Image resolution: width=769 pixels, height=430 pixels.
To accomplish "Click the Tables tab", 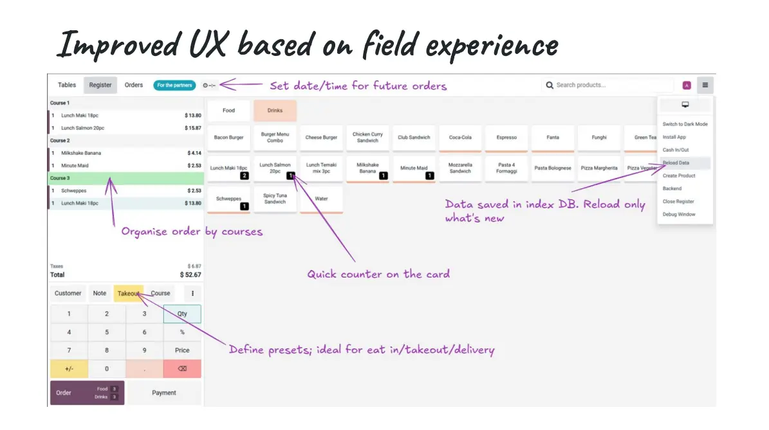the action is [x=67, y=85].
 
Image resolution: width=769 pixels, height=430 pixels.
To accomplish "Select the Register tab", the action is [x=100, y=85].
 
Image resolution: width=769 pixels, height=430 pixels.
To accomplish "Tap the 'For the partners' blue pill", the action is [x=174, y=85].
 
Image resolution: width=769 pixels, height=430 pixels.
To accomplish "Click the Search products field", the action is [x=608, y=85].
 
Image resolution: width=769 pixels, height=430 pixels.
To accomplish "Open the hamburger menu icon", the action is [x=705, y=85].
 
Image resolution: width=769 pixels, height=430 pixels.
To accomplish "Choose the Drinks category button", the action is [x=275, y=111].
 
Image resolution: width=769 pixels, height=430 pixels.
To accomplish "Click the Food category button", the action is [x=228, y=111].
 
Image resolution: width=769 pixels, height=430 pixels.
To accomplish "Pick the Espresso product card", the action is [x=506, y=138].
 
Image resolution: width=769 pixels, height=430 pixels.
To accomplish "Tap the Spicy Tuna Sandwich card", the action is [x=275, y=199].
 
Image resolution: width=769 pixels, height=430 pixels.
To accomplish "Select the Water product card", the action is [x=321, y=199].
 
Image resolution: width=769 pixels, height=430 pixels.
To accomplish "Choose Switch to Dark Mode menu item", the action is [x=685, y=125].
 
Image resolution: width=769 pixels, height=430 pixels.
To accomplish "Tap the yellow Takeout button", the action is [x=128, y=293].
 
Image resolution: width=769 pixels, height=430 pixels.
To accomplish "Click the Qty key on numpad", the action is [x=182, y=314].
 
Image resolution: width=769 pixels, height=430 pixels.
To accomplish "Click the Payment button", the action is [x=164, y=393].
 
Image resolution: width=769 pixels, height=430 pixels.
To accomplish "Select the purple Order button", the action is [x=87, y=393].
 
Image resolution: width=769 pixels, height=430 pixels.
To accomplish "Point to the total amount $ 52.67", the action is [x=190, y=275].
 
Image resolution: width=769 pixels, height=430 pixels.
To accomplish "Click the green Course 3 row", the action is [x=126, y=178].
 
